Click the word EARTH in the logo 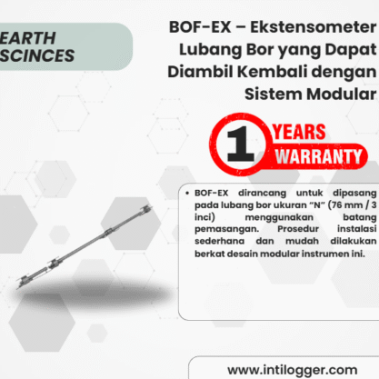[27, 38]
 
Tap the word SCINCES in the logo [37, 55]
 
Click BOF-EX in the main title [200, 27]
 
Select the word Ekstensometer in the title [314, 27]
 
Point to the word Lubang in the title [210, 50]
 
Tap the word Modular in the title [342, 94]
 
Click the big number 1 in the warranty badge [240, 144]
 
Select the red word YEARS [299, 132]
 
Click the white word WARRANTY [318, 156]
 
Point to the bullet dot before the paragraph [187, 193]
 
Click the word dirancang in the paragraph [262, 194]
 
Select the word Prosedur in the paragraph [298, 229]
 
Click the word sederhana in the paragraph [219, 241]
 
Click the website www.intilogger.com [293, 370]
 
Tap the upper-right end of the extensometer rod [151, 207]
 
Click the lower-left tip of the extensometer [18, 286]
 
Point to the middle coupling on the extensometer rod [108, 232]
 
